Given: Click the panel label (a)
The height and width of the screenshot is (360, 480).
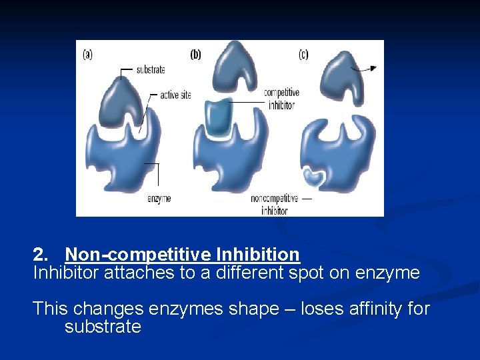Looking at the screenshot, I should tap(87, 55).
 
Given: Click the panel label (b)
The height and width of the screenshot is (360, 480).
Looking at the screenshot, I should tap(195, 55).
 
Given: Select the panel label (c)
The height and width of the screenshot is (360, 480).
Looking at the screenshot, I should tap(303, 55).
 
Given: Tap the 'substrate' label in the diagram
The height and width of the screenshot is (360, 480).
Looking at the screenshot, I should tap(150, 69).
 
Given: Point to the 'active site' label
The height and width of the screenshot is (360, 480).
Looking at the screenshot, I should tap(175, 95).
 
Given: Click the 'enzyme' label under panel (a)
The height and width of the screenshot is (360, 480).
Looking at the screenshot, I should tap(159, 198).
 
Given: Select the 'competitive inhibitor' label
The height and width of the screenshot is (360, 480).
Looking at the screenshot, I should tap(281, 99).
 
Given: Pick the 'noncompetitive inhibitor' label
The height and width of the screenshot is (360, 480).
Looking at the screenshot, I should tap(269, 204).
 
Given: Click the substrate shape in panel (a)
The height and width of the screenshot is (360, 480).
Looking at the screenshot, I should tap(122, 103).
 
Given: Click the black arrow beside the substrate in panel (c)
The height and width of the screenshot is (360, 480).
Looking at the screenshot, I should tap(365, 68).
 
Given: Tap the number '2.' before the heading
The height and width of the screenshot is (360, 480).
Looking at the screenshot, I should tap(41, 255).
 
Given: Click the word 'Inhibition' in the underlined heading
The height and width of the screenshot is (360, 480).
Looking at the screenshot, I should tap(258, 255).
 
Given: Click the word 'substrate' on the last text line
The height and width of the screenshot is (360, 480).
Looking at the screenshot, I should tap(103, 327).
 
